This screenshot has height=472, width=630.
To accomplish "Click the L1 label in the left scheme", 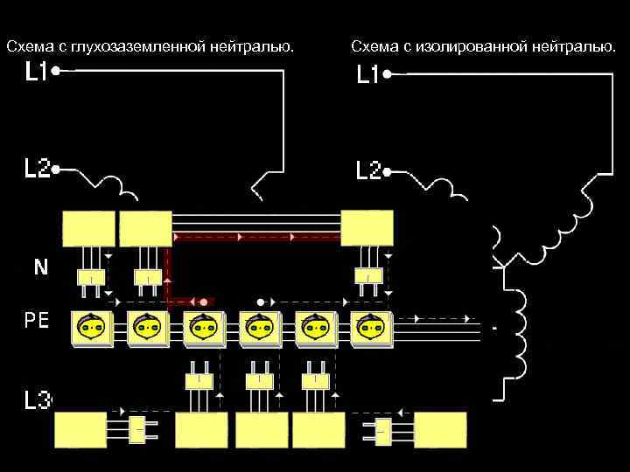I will (35, 73).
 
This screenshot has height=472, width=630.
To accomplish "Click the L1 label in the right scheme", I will (367, 76).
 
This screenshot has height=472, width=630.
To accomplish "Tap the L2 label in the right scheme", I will (367, 170).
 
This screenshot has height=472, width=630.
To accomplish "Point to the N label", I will (40, 267).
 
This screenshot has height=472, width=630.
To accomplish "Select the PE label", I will (36, 321).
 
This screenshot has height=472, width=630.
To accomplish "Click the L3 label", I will (38, 401).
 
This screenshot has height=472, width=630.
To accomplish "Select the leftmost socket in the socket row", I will (90, 329).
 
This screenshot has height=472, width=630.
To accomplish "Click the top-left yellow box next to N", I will (88, 229).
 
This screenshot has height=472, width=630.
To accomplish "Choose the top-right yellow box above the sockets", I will (367, 228).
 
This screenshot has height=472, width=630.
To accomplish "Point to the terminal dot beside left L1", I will (55, 73).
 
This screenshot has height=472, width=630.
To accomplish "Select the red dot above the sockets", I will (203, 302).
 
